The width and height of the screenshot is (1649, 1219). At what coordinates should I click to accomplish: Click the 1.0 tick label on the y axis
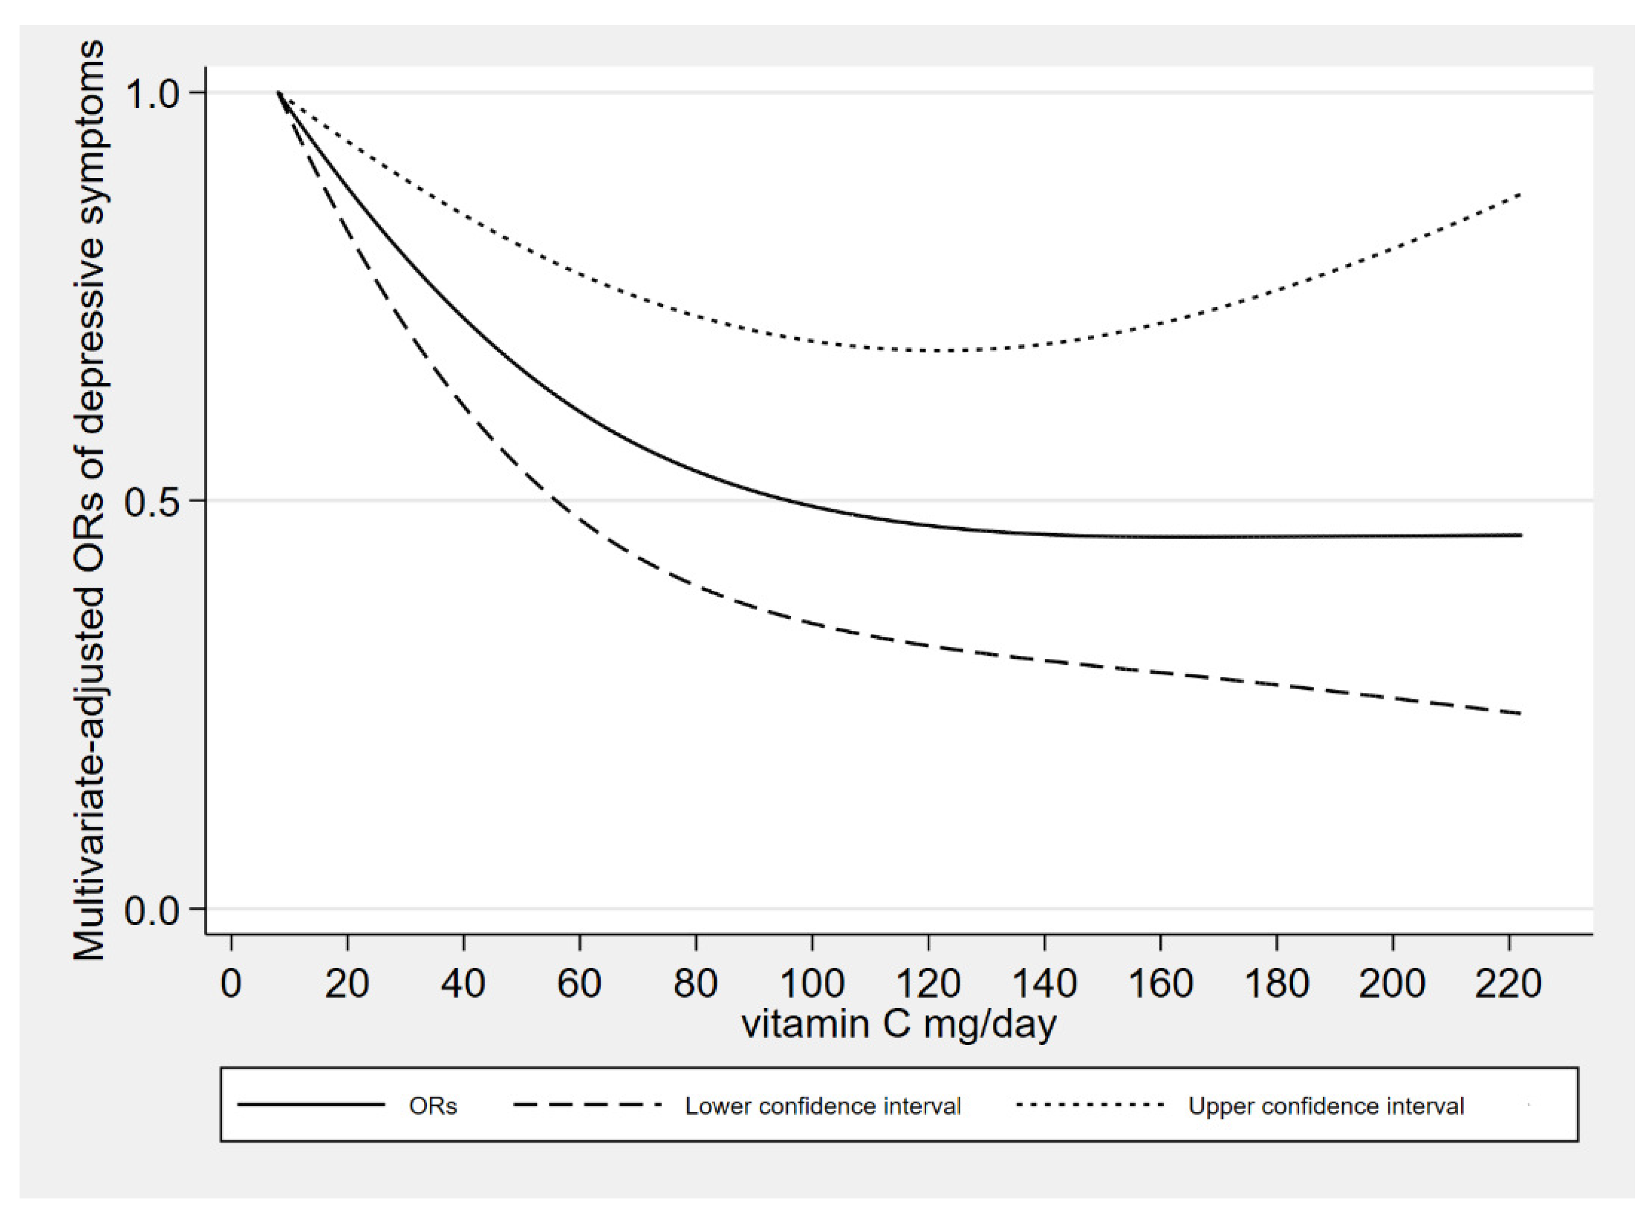click(x=153, y=95)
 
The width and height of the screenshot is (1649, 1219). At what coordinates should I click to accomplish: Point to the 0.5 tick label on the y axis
click(x=153, y=503)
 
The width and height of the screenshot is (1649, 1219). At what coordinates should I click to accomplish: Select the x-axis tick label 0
click(x=231, y=984)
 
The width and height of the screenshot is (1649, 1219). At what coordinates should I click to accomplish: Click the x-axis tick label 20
click(x=347, y=984)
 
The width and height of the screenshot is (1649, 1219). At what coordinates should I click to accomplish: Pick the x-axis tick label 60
click(x=579, y=984)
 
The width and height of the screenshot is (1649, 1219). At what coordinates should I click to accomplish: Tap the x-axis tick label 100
click(x=812, y=984)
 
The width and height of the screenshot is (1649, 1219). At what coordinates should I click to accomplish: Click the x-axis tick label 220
click(x=1508, y=984)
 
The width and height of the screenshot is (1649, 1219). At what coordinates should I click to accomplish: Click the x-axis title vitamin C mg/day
click(x=899, y=1024)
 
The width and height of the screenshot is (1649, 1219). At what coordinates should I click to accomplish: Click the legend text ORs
click(x=433, y=1106)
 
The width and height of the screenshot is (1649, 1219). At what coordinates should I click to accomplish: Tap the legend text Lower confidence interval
click(x=823, y=1106)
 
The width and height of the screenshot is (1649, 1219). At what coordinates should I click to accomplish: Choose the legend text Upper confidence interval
click(x=1326, y=1106)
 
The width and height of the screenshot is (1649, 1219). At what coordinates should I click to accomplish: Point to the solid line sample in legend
click(x=311, y=1105)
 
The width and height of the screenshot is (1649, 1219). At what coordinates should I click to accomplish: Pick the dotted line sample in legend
click(x=1090, y=1105)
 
